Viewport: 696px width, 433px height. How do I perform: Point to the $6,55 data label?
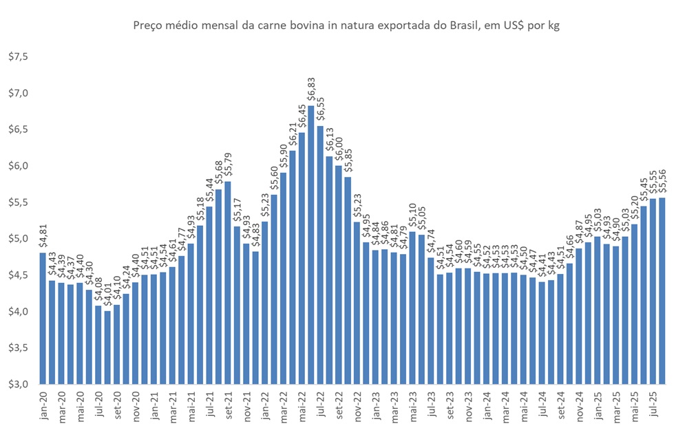320,110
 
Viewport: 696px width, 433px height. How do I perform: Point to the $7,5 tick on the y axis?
17,56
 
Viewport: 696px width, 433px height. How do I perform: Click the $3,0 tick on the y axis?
17,384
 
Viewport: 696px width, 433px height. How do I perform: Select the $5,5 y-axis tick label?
17,202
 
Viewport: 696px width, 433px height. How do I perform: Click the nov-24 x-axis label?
579,406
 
